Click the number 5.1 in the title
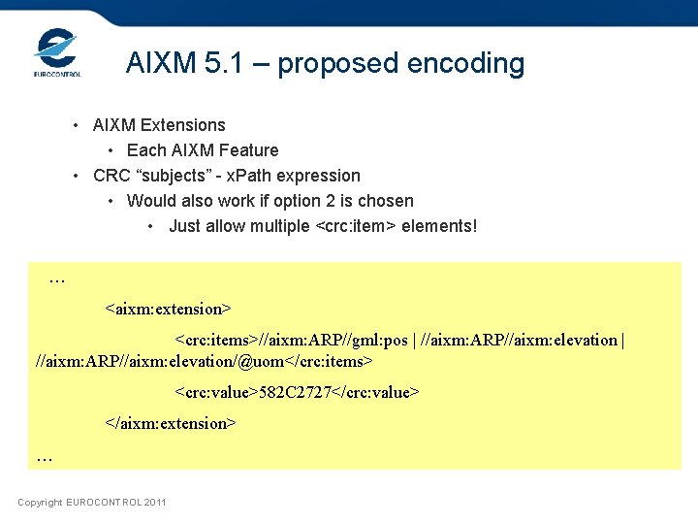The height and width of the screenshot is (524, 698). pos(225,64)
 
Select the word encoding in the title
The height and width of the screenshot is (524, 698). pos(465,64)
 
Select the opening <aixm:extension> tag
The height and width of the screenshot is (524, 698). pos(168,309)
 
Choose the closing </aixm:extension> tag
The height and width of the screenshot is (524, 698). pos(171,423)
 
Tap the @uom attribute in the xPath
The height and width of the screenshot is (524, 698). pos(256,361)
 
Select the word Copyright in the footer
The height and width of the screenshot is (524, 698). pos(40,502)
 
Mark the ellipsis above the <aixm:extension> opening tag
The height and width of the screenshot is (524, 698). pos(57,279)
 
